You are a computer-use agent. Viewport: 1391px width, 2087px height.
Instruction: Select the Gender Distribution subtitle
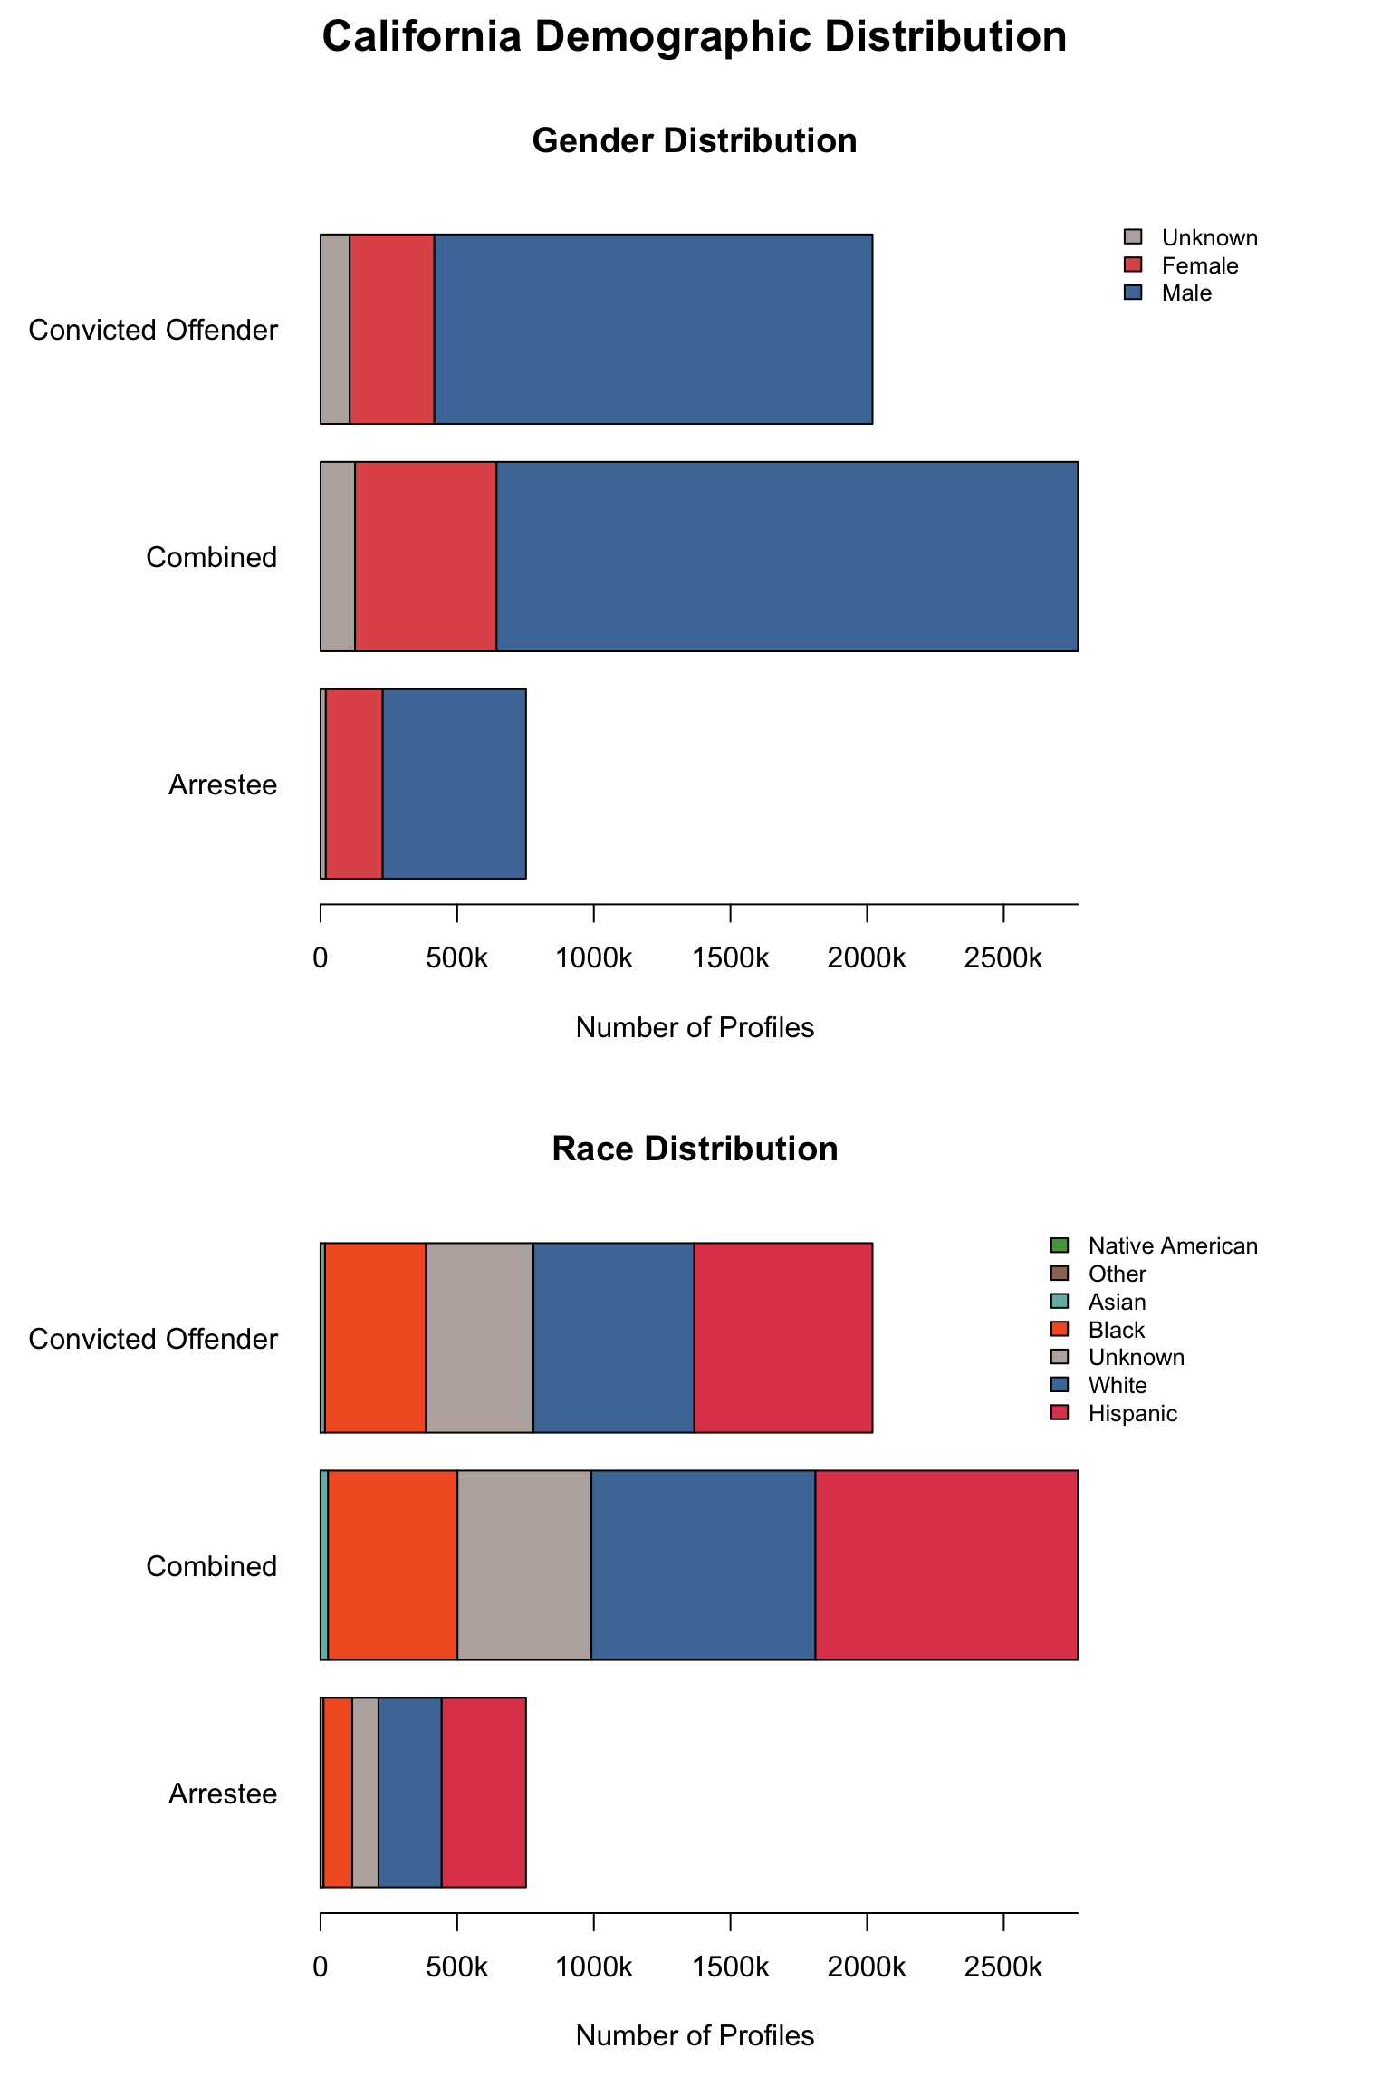(694, 141)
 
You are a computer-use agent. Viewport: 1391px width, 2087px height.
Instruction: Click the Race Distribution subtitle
(694, 1149)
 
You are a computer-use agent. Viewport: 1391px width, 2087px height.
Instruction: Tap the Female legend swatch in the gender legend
(1133, 264)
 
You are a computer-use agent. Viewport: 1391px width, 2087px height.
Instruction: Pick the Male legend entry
(1185, 293)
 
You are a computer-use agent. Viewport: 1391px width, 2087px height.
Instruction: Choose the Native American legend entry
(1172, 1246)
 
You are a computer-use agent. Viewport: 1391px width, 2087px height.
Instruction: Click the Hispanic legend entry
(1132, 1414)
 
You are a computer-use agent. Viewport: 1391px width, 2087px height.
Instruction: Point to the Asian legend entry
(1117, 1303)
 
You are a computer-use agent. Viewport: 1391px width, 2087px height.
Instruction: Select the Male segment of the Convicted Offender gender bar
(653, 329)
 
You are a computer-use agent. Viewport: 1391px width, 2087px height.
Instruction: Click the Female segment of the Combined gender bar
(425, 556)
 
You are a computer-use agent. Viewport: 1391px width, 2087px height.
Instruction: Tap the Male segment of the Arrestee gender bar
(454, 784)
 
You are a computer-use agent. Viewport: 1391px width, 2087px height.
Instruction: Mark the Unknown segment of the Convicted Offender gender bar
(335, 329)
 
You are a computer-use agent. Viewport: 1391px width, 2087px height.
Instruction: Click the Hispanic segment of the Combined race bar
(946, 1565)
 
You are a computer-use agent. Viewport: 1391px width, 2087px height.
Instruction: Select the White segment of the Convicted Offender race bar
(613, 1338)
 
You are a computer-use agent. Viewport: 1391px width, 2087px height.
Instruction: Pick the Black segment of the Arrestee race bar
(338, 1793)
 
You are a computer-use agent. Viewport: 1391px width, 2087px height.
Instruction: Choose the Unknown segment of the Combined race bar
(524, 1565)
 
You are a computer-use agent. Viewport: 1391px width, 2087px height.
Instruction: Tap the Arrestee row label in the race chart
(223, 1794)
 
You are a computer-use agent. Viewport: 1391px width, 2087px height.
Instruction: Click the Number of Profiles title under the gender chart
(695, 1028)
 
